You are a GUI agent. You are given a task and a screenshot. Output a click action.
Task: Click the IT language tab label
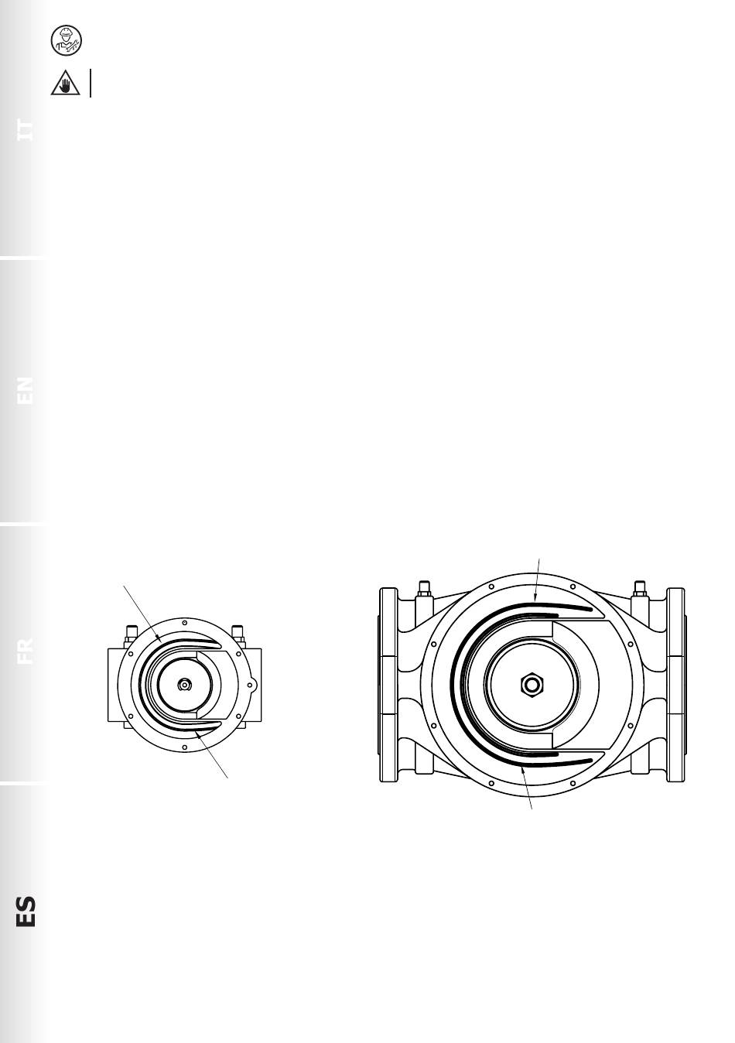click(x=25, y=130)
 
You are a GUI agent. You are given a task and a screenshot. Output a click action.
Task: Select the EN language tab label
click(x=25, y=391)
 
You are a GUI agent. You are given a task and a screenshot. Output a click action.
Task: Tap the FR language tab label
click(x=25, y=651)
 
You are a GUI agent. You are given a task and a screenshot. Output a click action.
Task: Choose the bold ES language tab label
click(x=26, y=911)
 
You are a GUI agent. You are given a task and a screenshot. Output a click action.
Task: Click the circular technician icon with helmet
click(x=66, y=40)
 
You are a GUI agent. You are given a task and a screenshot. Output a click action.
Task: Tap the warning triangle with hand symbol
click(x=65, y=84)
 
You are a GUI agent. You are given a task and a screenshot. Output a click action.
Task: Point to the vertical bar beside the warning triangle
click(x=91, y=83)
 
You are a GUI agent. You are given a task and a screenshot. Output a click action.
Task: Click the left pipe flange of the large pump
click(x=388, y=685)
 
